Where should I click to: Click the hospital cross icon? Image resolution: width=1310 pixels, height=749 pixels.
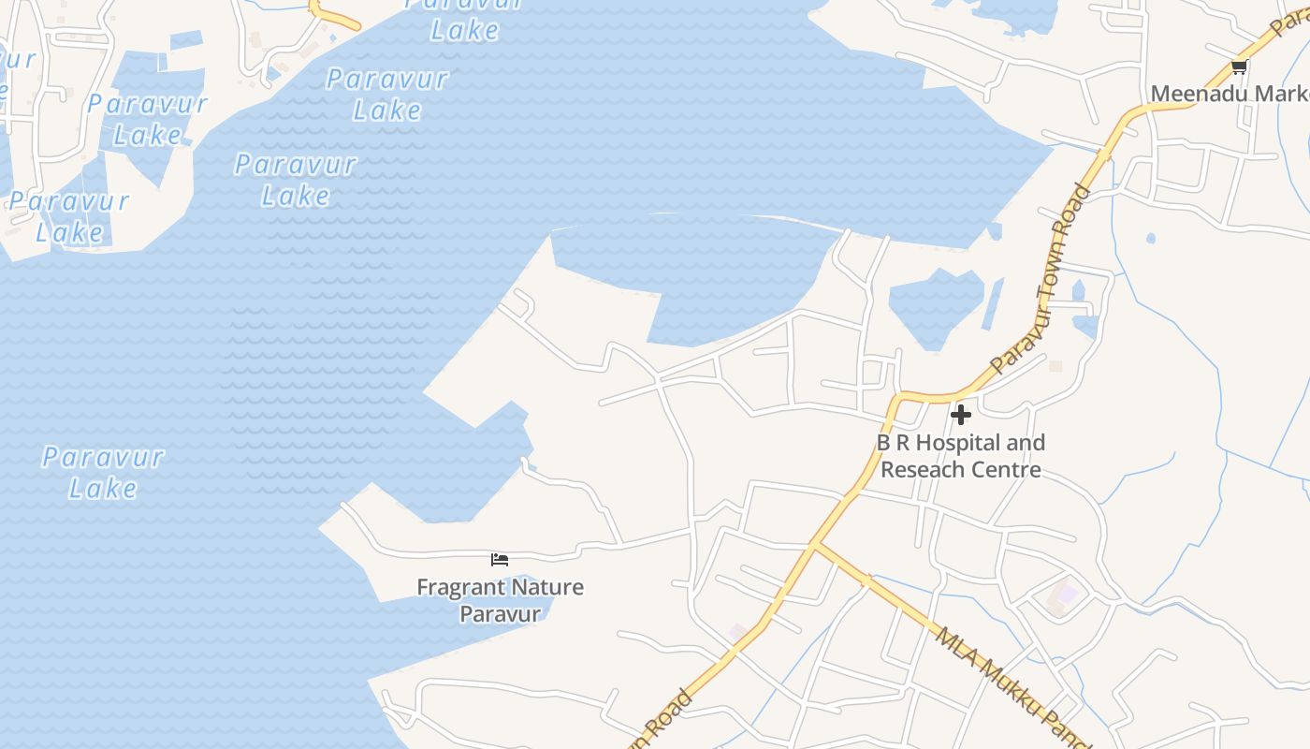(x=960, y=414)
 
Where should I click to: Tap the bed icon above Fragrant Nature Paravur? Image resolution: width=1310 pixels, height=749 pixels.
(x=500, y=560)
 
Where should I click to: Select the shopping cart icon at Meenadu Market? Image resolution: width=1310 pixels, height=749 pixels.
(x=1239, y=66)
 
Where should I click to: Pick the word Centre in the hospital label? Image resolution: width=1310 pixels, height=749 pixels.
(x=1006, y=469)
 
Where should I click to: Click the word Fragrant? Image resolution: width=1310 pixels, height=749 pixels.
(x=456, y=588)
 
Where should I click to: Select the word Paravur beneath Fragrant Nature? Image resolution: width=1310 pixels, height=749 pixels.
(x=500, y=614)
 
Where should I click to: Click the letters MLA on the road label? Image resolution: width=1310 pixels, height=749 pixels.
(x=954, y=646)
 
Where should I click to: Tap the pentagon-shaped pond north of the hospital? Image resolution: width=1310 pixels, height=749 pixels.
(x=936, y=304)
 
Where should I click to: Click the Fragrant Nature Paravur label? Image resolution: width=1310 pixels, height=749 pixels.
(x=500, y=600)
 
